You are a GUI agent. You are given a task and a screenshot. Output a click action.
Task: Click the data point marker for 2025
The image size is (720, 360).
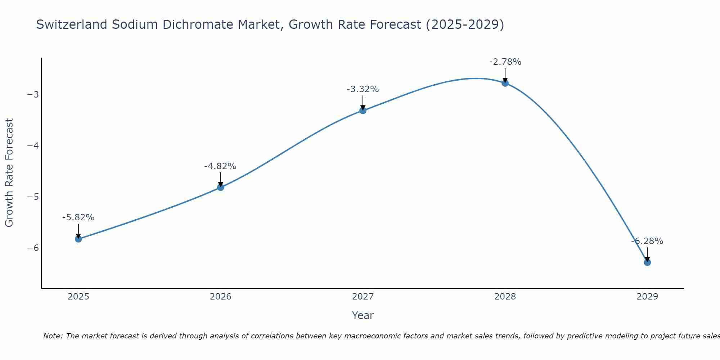tap(78, 239)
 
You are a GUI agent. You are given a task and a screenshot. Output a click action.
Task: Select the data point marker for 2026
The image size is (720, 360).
tap(221, 187)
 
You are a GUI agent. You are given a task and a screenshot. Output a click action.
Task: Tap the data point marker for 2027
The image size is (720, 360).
tap(363, 111)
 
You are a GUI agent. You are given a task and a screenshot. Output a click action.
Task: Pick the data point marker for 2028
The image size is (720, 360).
tap(505, 83)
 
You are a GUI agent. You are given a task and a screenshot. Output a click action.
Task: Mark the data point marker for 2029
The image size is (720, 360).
tap(647, 262)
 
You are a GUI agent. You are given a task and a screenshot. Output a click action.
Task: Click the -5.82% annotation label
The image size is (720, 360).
tap(78, 217)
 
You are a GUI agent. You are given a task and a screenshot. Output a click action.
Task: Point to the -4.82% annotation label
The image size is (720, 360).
tap(220, 166)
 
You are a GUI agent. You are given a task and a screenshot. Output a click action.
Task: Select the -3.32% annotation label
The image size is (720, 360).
tap(363, 89)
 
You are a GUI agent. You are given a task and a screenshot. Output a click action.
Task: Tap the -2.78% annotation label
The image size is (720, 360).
tap(505, 62)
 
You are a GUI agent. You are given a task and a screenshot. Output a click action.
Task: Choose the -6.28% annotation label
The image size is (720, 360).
tap(647, 241)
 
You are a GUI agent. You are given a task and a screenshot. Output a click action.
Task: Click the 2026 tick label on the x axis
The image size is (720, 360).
tap(221, 297)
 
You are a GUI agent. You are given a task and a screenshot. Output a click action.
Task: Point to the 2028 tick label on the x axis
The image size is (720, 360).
tap(505, 297)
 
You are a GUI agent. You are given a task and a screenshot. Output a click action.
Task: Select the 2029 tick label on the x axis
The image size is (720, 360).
tap(647, 297)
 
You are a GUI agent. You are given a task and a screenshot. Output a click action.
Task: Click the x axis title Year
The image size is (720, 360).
tap(363, 315)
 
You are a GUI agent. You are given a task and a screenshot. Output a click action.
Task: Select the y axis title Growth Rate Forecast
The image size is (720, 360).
tap(9, 173)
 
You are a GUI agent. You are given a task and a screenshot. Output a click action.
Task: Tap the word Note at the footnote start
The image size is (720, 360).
tap(53, 336)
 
